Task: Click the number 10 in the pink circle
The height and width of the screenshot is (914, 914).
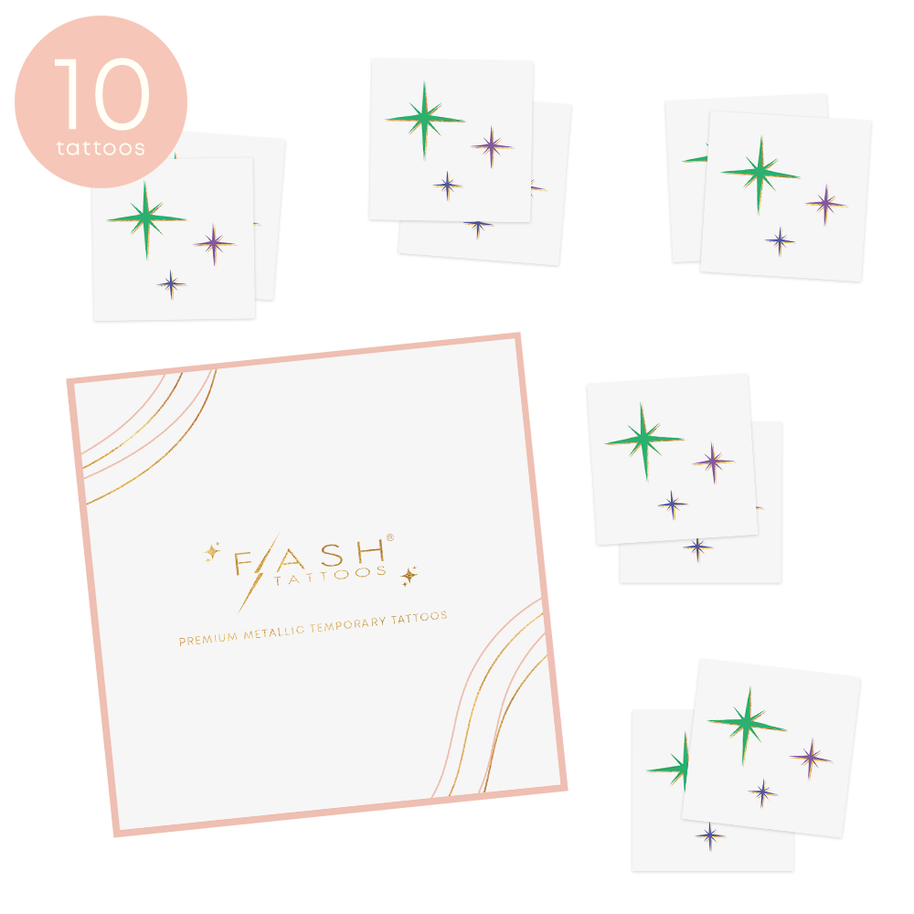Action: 102,93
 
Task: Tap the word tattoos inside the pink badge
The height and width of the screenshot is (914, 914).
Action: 101,148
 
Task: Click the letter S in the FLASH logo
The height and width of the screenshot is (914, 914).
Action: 333,556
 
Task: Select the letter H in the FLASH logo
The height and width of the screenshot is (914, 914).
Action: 371,550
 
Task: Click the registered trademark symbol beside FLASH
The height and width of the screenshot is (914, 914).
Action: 390,537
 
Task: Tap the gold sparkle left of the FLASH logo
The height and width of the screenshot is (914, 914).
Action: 212,551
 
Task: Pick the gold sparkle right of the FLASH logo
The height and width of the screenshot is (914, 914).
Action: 409,576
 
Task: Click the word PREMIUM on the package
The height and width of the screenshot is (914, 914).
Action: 208,639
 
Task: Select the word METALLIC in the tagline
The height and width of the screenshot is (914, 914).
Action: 274,632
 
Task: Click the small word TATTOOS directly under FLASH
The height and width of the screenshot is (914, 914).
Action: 330,575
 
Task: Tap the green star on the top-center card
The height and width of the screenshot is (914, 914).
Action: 424,120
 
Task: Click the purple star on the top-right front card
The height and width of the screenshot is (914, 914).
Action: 825,204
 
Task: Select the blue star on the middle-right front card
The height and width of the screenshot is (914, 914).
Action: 672,505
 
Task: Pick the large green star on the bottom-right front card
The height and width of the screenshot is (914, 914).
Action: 747,725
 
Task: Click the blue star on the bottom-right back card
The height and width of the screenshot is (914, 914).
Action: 710,836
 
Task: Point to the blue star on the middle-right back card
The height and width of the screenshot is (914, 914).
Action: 697,547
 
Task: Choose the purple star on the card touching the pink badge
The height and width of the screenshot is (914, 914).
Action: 214,244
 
